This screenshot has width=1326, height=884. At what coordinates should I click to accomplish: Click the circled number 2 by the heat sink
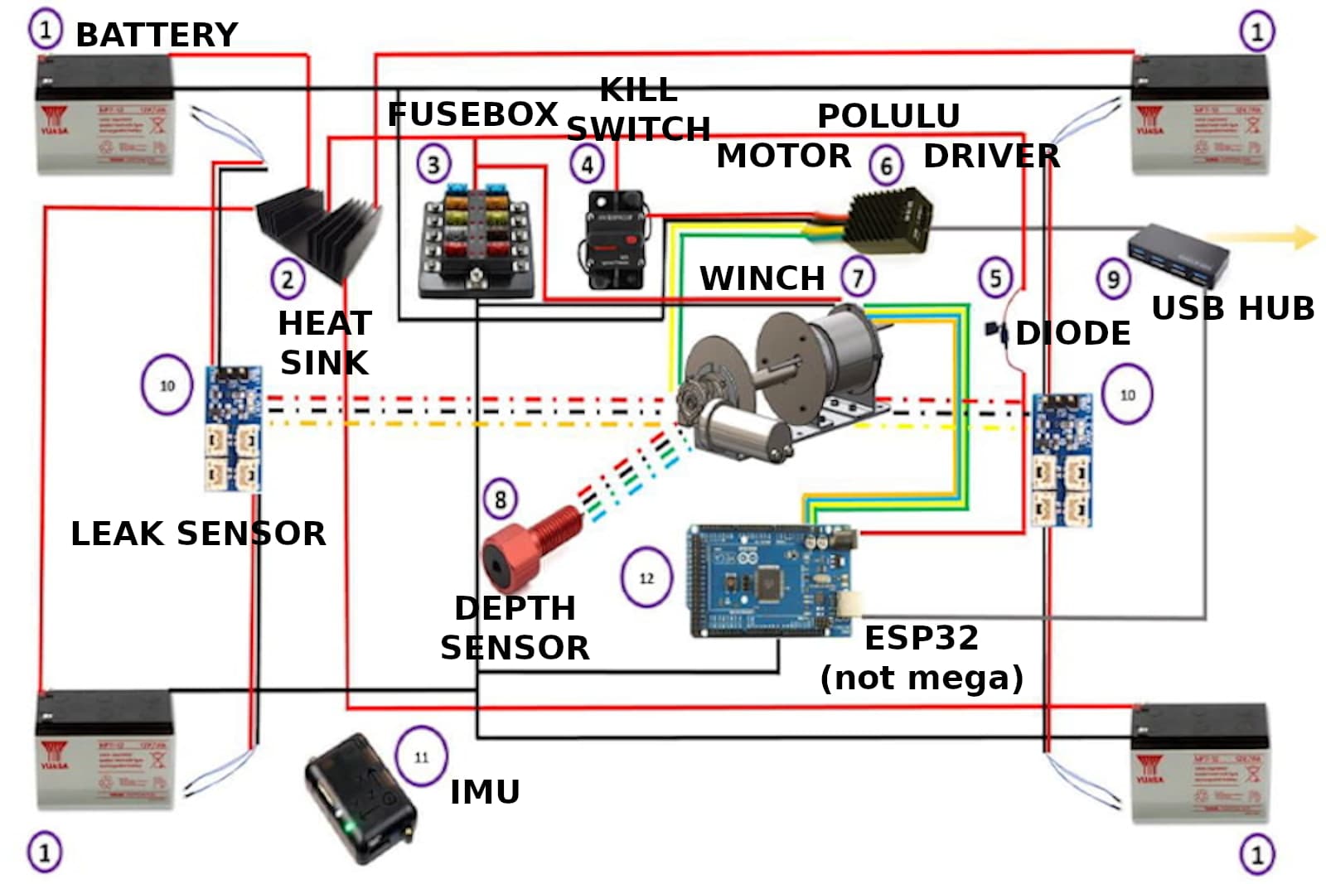[288, 279]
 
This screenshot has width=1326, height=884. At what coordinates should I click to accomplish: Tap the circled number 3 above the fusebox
[433, 164]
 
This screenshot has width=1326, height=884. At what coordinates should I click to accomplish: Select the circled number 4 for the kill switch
[587, 164]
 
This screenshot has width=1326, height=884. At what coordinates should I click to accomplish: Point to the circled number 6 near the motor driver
[886, 165]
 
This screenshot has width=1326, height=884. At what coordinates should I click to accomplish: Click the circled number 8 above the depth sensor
[500, 500]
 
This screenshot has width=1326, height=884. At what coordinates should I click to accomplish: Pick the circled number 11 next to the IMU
[421, 756]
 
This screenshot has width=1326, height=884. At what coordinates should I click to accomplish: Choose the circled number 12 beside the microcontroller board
[646, 577]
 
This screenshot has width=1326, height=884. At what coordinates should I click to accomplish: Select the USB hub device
[1178, 254]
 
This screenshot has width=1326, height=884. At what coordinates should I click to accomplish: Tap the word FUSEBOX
[472, 114]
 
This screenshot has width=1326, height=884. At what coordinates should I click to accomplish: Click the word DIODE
[1072, 333]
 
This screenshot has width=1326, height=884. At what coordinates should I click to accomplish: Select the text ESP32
[922, 638]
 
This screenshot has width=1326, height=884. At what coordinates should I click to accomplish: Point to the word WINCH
[762, 278]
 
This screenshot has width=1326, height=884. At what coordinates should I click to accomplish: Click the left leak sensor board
[233, 428]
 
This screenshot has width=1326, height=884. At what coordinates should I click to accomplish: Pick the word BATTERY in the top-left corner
[157, 35]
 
